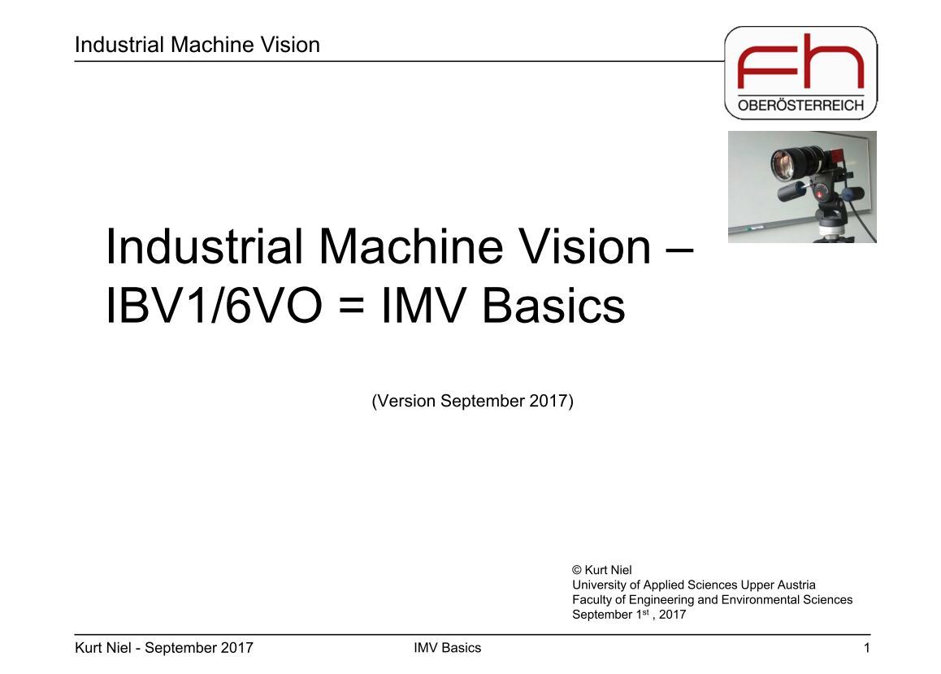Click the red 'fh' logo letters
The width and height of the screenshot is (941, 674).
[x=800, y=64]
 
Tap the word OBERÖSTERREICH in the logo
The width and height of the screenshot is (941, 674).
[x=800, y=106]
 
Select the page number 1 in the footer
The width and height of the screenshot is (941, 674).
[x=867, y=648]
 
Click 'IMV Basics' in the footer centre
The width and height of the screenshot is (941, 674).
[x=447, y=648]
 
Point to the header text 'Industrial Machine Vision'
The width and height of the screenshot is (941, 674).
[x=197, y=45]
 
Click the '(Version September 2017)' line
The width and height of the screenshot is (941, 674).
[x=472, y=401]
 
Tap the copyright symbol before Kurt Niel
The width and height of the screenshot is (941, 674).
[x=577, y=571]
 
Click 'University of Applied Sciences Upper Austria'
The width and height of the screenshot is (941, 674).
[x=693, y=585]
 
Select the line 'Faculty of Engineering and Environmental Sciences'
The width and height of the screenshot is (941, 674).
[x=712, y=599]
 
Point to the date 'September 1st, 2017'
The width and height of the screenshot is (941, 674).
[x=628, y=615]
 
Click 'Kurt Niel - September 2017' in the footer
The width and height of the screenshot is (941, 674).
[x=163, y=648]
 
